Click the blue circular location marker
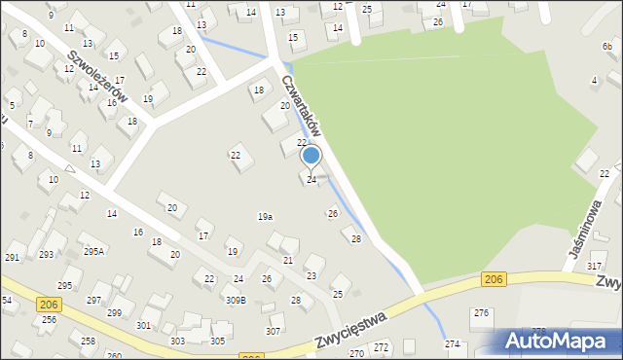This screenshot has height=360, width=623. coord(311,156)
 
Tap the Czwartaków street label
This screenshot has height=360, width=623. coord(303,106)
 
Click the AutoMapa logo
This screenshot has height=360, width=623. coord(559,341)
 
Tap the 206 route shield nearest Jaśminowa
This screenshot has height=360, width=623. coord(494,280)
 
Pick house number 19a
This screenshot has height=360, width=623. coord(265,217)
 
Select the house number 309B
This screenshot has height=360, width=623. coord(236,300)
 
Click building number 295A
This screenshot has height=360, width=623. coord(93,251)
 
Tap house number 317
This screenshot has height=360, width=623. coord(595,266)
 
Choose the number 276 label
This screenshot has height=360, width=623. coord(481,312)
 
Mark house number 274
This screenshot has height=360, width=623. coord(453,344)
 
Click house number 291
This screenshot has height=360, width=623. coord(13,257)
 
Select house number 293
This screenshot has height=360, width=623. coord(46,255)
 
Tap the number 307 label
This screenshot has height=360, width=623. coord(274,332)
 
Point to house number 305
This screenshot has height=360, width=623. coord(218,341)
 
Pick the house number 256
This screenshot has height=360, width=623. coord(49,320)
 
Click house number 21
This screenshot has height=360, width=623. coord(288,261)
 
